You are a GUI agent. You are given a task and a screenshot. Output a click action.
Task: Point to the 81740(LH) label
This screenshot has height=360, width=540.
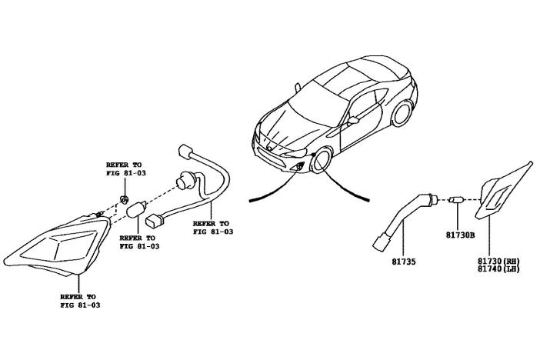[498, 269]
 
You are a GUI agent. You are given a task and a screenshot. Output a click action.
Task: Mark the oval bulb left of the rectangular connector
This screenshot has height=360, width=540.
[138, 209]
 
